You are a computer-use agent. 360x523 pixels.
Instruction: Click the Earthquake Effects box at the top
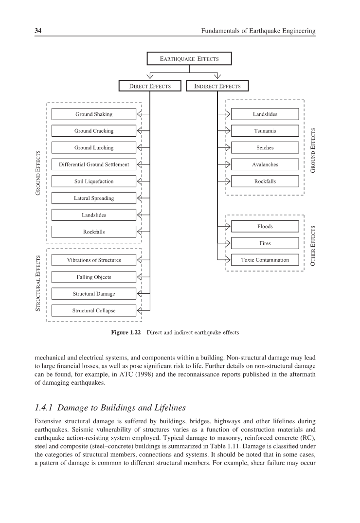click(x=189, y=59)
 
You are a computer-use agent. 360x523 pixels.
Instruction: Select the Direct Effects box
click(x=150, y=86)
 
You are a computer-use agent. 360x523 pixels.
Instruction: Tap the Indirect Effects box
click(x=217, y=86)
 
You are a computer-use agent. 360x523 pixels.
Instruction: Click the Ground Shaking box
click(x=94, y=114)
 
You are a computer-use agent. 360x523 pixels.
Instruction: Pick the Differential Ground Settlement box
click(x=94, y=164)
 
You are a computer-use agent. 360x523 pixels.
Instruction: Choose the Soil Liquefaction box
click(x=94, y=181)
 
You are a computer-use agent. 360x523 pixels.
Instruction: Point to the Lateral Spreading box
click(x=94, y=198)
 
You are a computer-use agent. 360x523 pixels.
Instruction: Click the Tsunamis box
click(x=265, y=131)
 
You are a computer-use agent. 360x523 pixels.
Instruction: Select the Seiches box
click(x=265, y=148)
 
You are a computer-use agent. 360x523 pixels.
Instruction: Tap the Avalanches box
click(x=265, y=164)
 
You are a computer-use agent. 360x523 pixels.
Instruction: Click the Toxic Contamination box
click(x=265, y=260)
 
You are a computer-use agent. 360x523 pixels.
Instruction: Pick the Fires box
click(x=265, y=243)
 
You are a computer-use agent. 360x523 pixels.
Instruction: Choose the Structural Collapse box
click(x=94, y=310)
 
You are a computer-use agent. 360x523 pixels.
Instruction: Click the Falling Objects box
click(x=94, y=277)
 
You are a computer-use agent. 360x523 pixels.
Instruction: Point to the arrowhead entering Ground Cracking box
click(x=139, y=131)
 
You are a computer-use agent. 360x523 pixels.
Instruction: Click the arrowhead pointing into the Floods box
click(x=228, y=226)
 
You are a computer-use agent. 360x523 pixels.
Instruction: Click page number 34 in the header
click(x=37, y=31)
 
